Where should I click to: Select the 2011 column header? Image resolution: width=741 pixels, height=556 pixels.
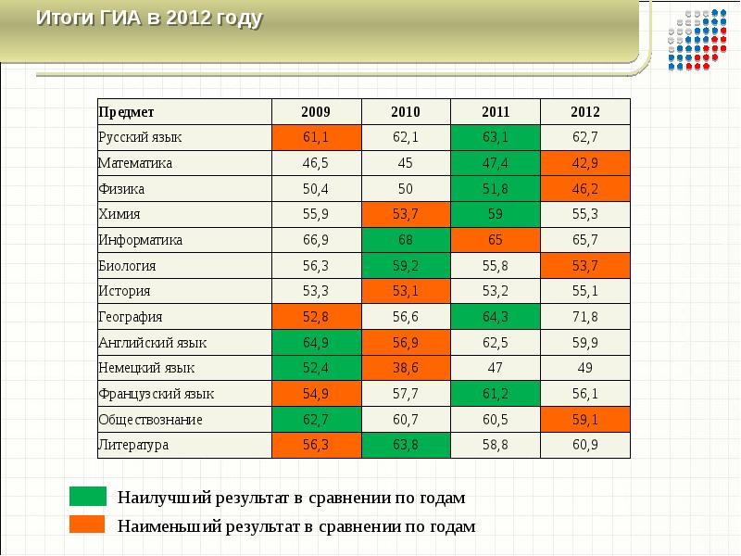[496, 111]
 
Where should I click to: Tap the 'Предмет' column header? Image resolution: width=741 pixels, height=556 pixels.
[120, 111]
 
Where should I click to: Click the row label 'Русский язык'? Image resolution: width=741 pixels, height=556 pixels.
[140, 137]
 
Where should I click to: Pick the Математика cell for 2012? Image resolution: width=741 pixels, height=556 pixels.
[585, 163]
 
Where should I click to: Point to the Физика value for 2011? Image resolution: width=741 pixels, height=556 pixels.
[496, 189]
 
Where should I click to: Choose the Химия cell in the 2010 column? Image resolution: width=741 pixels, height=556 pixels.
[406, 214]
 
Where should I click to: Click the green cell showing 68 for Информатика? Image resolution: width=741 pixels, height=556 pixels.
[406, 240]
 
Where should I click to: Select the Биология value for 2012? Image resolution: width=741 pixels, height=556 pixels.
[585, 266]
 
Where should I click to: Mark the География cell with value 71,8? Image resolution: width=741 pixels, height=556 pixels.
[585, 317]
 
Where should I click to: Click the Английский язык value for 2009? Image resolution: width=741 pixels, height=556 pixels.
[316, 343]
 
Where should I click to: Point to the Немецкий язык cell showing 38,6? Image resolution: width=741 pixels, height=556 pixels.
[406, 368]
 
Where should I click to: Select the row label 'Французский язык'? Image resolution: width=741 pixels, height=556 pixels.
[149, 394]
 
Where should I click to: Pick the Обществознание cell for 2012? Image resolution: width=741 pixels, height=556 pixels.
[585, 420]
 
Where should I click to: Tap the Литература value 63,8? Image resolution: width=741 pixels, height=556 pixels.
[406, 445]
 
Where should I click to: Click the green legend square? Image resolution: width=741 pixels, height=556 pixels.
[88, 497]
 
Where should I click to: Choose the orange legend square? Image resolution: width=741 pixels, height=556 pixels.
[88, 524]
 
